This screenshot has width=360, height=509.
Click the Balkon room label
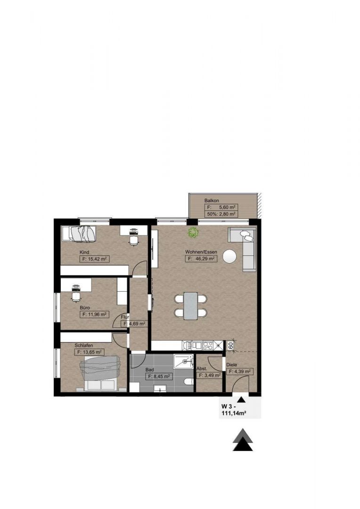click(x=211, y=201)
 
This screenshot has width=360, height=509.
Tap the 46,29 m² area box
click(x=201, y=259)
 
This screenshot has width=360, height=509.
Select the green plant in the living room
click(x=193, y=232)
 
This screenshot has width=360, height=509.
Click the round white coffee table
click(x=230, y=256)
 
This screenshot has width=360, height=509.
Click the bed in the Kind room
click(x=79, y=233)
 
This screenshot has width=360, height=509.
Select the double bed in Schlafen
click(x=101, y=373)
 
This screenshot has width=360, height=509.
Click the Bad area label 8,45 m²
click(x=159, y=376)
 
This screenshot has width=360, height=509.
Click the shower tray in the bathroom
click(x=184, y=361)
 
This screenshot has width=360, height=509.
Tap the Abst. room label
click(x=202, y=369)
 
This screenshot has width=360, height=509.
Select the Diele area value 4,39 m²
click(x=239, y=371)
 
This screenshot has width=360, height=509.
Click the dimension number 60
click(x=230, y=345)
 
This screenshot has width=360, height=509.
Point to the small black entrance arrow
click(x=240, y=399)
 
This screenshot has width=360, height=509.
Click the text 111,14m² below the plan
click(x=233, y=413)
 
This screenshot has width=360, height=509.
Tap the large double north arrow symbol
click(x=243, y=440)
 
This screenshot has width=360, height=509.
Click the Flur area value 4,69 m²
click(x=134, y=324)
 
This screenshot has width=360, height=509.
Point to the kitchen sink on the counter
click(x=188, y=345)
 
